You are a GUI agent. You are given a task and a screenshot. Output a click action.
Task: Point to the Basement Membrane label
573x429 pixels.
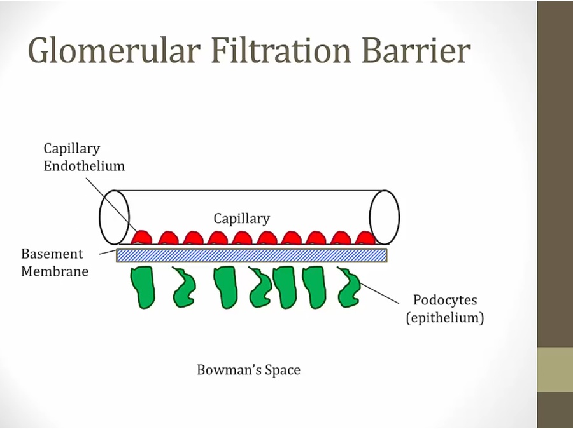[x=54, y=262]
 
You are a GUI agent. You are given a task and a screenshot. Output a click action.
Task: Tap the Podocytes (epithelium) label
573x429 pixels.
[x=444, y=308]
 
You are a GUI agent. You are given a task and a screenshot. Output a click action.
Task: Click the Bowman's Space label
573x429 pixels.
[x=248, y=369]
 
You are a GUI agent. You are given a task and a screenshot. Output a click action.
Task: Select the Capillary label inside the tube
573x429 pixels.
[x=241, y=219]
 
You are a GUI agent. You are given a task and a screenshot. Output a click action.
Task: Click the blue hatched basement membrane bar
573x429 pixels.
[x=251, y=255]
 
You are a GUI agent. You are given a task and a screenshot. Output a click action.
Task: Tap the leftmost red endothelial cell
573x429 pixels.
[x=142, y=237]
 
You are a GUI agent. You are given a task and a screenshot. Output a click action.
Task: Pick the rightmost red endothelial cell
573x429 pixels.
[x=364, y=238]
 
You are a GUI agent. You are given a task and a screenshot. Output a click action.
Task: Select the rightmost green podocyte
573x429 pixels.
[x=349, y=287]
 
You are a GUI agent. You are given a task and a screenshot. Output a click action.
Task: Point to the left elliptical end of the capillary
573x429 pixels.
[x=114, y=217]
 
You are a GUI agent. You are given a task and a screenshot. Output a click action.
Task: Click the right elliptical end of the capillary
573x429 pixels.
[x=385, y=217]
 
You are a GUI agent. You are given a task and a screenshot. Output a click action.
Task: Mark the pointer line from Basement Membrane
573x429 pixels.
[x=108, y=252]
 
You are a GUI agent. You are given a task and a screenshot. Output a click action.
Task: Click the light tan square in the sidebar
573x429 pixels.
[x=555, y=369]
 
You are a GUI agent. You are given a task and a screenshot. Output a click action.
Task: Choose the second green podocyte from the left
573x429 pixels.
[x=184, y=288]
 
